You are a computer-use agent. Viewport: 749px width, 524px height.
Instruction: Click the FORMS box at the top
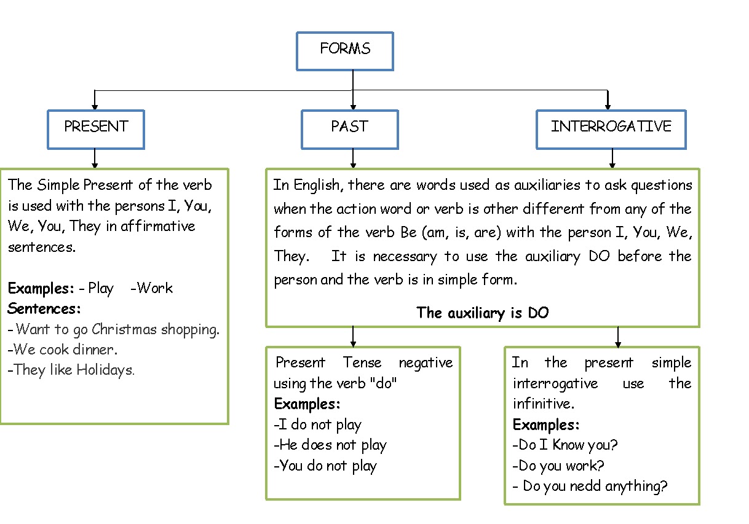344,51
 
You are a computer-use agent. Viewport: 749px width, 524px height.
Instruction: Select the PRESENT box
95,129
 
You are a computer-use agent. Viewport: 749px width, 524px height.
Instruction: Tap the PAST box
349,129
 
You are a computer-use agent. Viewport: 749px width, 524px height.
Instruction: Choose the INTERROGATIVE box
611,129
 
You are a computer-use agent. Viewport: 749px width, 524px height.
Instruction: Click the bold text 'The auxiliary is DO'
482,313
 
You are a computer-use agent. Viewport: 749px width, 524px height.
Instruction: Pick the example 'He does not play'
330,445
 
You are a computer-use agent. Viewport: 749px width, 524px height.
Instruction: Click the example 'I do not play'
317,424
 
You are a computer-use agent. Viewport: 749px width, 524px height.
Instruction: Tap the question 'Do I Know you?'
565,445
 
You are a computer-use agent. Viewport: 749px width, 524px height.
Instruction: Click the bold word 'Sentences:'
44,308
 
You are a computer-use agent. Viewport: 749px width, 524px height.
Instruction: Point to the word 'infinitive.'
544,404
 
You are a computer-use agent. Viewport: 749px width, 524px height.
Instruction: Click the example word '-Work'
151,288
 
